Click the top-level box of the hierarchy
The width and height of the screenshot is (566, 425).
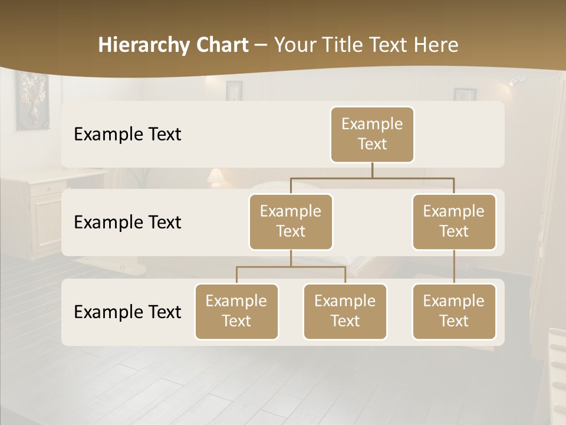[x=372, y=134]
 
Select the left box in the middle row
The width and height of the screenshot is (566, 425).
[x=291, y=221]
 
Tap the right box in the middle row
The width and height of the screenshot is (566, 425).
[x=454, y=221]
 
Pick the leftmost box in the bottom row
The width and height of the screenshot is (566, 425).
[x=236, y=311]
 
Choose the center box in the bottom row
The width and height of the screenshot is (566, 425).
[x=345, y=311]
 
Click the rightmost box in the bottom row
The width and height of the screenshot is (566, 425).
[x=454, y=311]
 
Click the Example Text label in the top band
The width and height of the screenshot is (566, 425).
[x=127, y=135]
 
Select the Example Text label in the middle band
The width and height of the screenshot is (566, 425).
[x=127, y=222]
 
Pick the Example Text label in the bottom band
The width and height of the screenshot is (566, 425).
[x=127, y=312]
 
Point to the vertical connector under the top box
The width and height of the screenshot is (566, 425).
[x=372, y=170]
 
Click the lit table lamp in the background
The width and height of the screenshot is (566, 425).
[x=216, y=176]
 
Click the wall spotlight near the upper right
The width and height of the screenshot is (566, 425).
[x=516, y=80]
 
